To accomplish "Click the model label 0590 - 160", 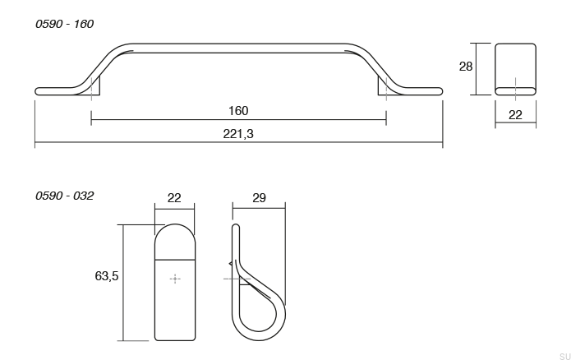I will click(64, 24).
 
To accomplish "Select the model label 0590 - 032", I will click(64, 196).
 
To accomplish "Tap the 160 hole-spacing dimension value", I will click(238, 111).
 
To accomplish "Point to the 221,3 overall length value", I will click(238, 134).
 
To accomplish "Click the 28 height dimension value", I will click(466, 67).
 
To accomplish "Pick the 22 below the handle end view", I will click(515, 115).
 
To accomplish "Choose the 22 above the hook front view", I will click(174, 198).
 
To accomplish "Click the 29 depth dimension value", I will click(259, 198).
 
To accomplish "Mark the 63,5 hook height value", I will click(107, 276).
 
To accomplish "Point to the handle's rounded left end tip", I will click(38, 90).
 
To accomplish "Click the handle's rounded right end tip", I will click(440, 90).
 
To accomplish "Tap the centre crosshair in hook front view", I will click(174, 279).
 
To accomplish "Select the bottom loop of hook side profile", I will click(259, 325).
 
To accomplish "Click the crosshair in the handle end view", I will click(515, 85).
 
